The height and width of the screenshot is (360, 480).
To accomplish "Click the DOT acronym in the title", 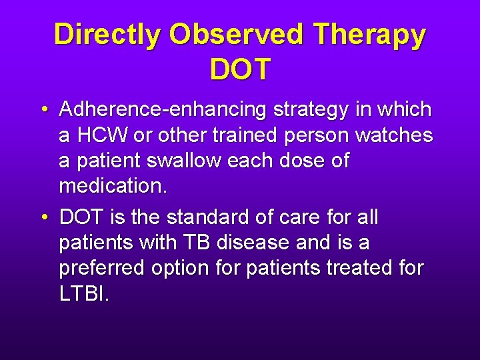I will pos(240,69).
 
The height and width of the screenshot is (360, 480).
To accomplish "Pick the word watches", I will pos(394,135).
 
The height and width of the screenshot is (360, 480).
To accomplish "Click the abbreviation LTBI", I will pos(83,294).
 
